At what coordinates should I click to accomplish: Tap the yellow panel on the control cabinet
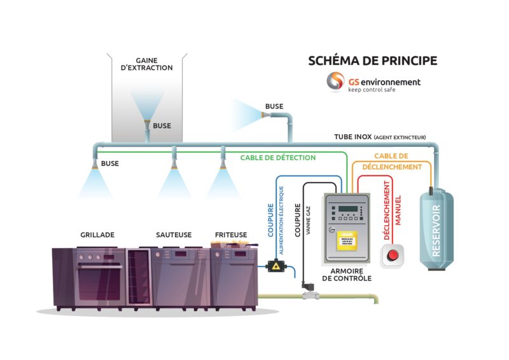[346, 242]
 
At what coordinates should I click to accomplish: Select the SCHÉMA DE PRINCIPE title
[372, 61]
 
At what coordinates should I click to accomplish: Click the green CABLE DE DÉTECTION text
[278, 157]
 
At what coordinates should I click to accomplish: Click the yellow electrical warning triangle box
[275, 265]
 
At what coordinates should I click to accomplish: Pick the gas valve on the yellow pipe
[309, 294]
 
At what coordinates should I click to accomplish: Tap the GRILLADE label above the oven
[97, 235]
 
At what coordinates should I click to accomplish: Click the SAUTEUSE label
[174, 235]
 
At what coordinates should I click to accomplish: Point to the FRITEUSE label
[230, 235]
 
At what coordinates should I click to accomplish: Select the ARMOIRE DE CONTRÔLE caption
[346, 274]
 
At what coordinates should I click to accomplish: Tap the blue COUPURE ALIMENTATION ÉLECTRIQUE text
[275, 216]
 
